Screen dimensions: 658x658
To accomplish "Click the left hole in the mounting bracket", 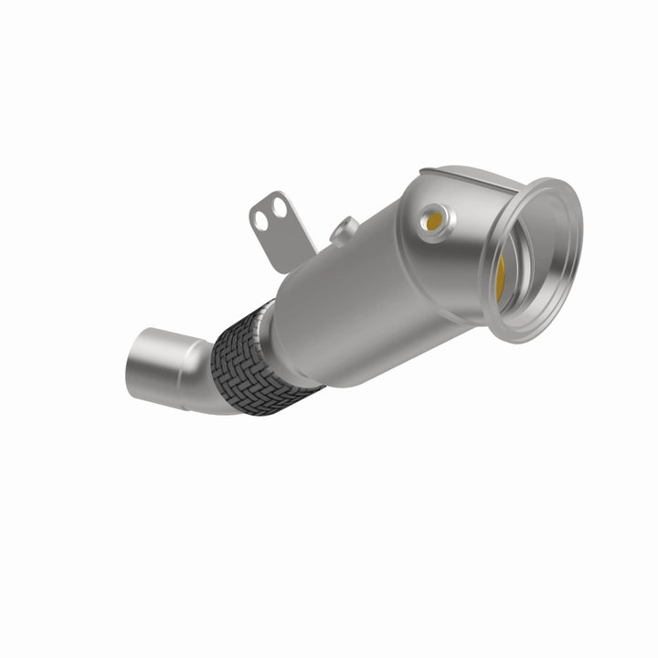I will pos(262,219).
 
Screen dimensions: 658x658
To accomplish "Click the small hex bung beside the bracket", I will pos(345,228).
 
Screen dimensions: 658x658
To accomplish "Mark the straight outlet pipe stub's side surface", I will pos(169,361).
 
